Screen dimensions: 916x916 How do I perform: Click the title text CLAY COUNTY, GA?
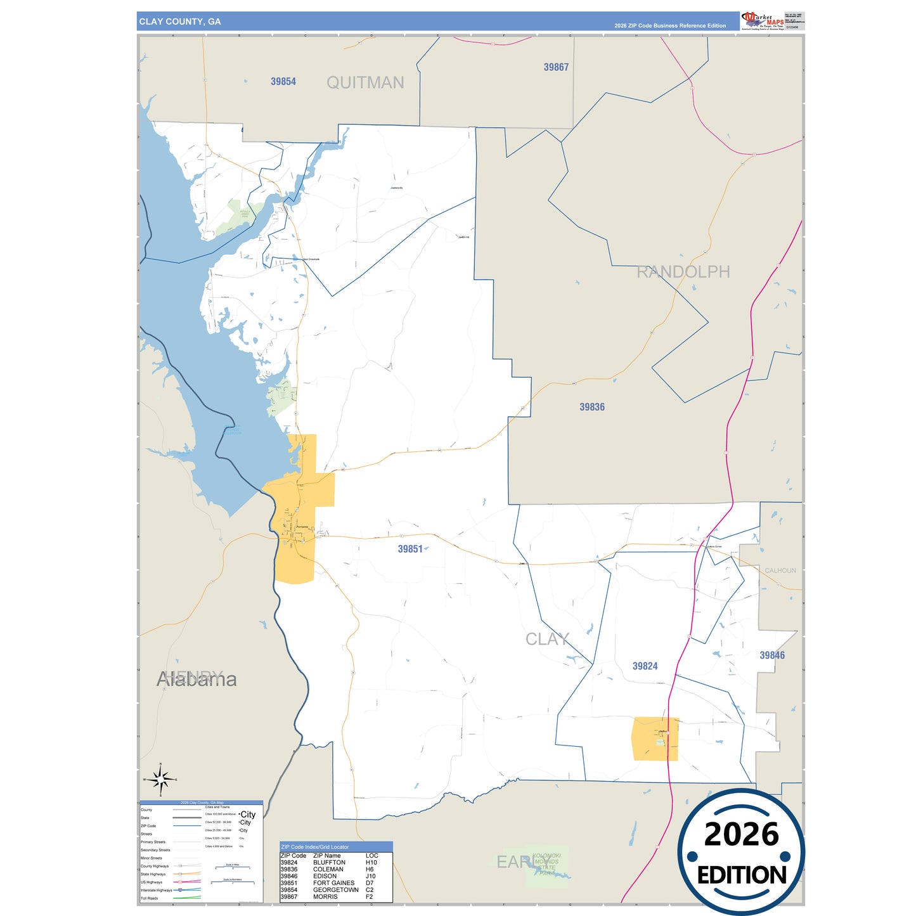[x=180, y=22]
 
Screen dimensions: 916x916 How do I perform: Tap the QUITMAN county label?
[x=365, y=82]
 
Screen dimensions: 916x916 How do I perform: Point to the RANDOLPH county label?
[x=683, y=272]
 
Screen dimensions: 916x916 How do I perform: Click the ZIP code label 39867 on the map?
[x=556, y=67]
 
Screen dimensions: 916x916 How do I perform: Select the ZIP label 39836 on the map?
[x=592, y=407]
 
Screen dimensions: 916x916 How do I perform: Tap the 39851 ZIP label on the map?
[x=410, y=549]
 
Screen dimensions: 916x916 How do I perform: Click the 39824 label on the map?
[x=645, y=666]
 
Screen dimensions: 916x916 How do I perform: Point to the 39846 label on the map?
[x=772, y=655]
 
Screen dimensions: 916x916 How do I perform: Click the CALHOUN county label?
[x=780, y=571]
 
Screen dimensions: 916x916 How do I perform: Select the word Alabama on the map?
[x=197, y=680]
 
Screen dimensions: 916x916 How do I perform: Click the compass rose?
[x=160, y=780]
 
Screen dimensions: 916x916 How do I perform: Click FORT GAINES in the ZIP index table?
[x=333, y=883]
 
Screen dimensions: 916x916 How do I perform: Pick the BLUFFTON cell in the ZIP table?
[x=329, y=863]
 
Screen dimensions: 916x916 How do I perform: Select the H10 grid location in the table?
[x=371, y=863]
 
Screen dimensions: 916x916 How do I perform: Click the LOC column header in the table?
[x=371, y=856]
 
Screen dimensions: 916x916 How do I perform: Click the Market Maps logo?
[x=762, y=20]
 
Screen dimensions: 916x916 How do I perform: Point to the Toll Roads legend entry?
[x=150, y=898]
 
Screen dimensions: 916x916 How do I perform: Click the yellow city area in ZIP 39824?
[x=655, y=739]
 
